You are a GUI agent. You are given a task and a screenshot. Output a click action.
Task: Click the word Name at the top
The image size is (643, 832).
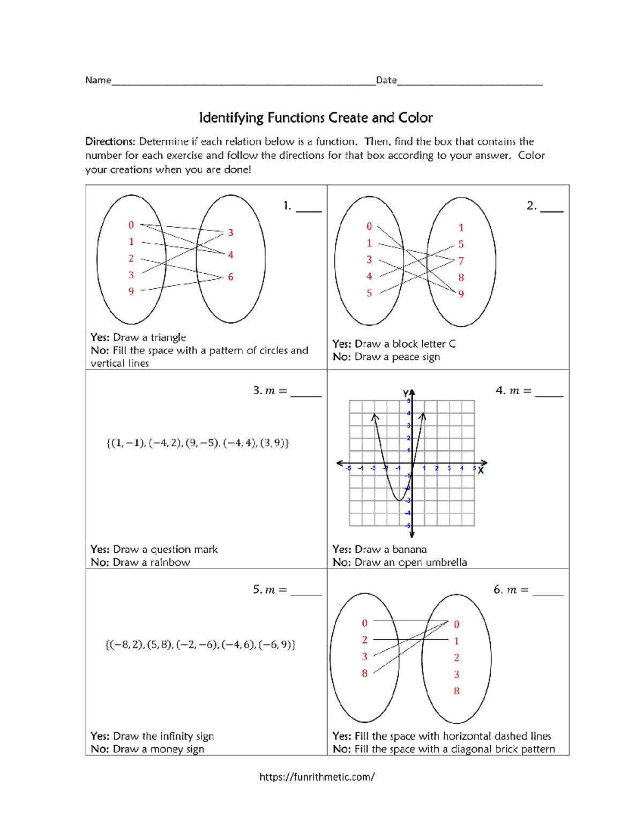pyautogui.click(x=98, y=80)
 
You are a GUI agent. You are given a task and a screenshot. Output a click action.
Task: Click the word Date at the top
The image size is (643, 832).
pyautogui.click(x=386, y=80)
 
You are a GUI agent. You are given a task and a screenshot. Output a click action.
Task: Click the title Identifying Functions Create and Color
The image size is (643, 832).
pyautogui.click(x=316, y=118)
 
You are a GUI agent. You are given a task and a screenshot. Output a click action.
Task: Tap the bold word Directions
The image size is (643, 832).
pyautogui.click(x=110, y=141)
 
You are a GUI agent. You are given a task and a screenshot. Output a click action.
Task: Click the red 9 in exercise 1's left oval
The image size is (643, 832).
pyautogui.click(x=131, y=291)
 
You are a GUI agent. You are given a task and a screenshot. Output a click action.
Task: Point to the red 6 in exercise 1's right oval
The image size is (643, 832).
pyautogui.click(x=230, y=277)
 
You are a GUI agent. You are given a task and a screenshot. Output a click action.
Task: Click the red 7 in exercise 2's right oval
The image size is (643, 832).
pyautogui.click(x=461, y=261)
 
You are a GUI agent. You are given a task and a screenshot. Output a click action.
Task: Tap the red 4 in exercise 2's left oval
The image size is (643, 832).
pyautogui.click(x=369, y=276)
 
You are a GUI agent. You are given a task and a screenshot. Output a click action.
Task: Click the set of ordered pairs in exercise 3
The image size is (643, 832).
pyautogui.click(x=198, y=443)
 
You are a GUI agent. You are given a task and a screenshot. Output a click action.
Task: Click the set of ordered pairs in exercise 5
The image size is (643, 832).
pyautogui.click(x=200, y=644)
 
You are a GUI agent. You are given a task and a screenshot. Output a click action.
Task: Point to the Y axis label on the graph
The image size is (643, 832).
pyautogui.click(x=406, y=393)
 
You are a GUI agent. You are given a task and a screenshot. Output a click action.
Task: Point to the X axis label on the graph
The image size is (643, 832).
pyautogui.click(x=481, y=470)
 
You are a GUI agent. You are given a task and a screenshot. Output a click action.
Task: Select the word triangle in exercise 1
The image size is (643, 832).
pyautogui.click(x=168, y=338)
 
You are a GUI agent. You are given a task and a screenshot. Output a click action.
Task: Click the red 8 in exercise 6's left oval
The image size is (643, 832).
pyautogui.click(x=364, y=673)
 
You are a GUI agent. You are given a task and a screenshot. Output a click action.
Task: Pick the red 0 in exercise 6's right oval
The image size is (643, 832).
pyautogui.click(x=457, y=624)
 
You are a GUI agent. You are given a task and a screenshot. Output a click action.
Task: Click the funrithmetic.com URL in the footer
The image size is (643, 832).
pyautogui.click(x=317, y=777)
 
